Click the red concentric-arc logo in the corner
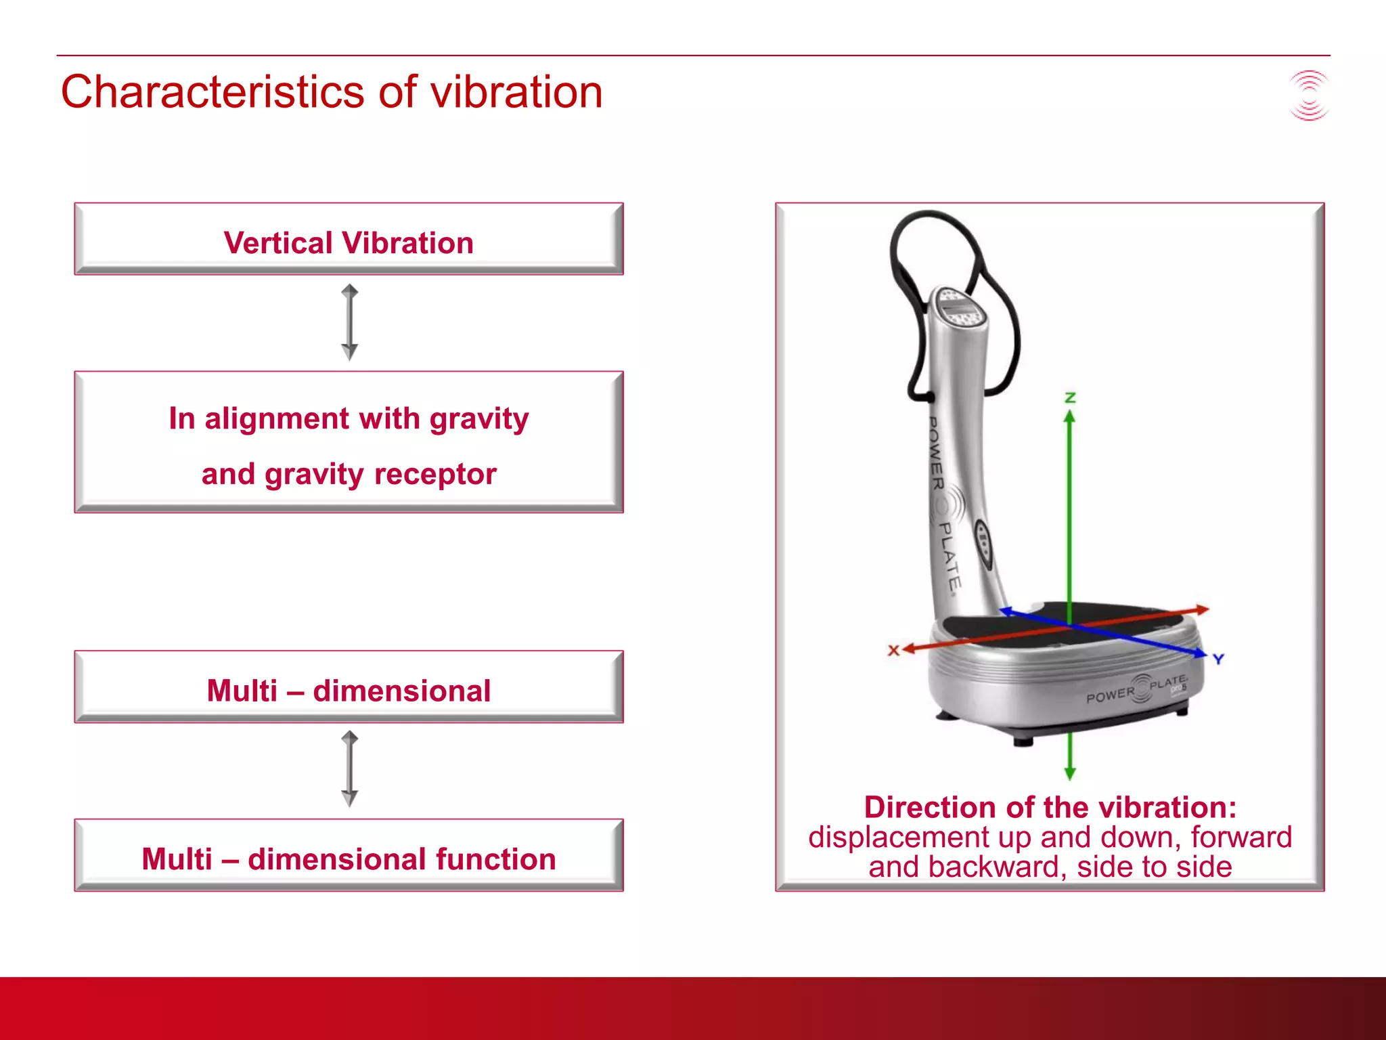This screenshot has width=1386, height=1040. point(1309,95)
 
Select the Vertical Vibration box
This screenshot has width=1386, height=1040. point(349,240)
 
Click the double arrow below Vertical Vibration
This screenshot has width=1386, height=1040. point(349,322)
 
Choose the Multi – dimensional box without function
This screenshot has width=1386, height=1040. point(349,688)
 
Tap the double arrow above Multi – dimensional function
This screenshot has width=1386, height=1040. point(349,768)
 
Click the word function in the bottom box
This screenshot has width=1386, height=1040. point(495,859)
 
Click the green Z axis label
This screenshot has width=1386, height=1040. point(1070,397)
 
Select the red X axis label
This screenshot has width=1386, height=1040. point(893,650)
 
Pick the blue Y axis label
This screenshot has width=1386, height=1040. point(1218,659)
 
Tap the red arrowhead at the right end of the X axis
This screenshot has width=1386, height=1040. point(1202,610)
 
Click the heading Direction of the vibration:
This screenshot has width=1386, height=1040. point(1050,807)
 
